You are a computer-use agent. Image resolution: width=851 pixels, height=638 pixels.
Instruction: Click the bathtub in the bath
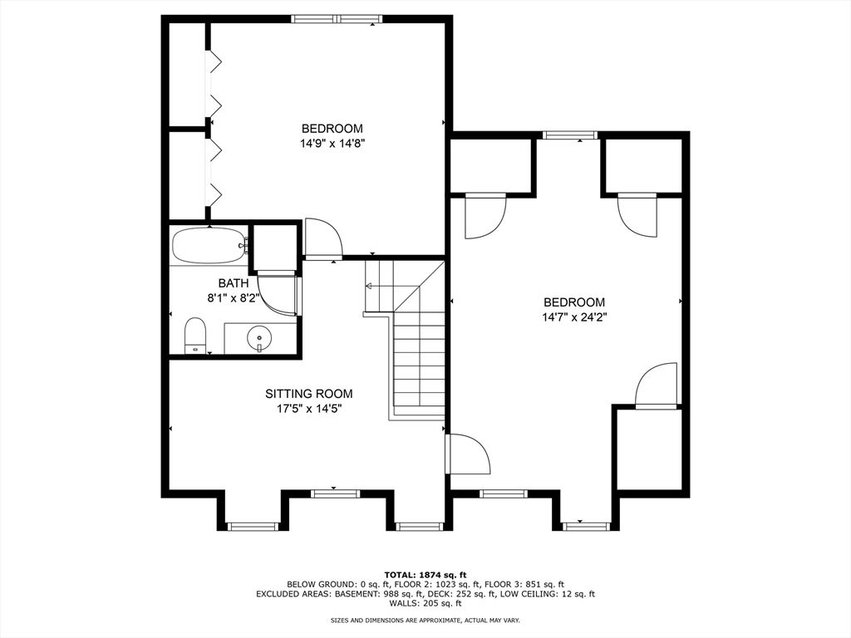pyautogui.click(x=209, y=246)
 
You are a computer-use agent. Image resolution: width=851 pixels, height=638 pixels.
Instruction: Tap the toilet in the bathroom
pyautogui.click(x=195, y=336)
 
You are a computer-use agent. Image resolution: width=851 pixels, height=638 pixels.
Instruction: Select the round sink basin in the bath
pyautogui.click(x=260, y=338)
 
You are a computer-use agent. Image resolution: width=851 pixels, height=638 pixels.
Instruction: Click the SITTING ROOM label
pyautogui.click(x=309, y=394)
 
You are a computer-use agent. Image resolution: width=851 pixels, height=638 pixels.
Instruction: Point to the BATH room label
pyautogui.click(x=234, y=282)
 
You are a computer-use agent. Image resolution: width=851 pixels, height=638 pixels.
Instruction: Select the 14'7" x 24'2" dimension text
pyautogui.click(x=574, y=317)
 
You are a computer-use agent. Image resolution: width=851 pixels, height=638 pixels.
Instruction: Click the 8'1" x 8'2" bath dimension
pyautogui.click(x=234, y=297)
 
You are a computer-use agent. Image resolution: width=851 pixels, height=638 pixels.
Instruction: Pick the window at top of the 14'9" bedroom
pyautogui.click(x=337, y=19)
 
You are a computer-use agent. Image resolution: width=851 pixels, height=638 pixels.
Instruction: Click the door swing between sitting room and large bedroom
pyautogui.click(x=468, y=454)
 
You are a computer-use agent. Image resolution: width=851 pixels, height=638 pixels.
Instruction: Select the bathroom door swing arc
pyautogui.click(x=277, y=296)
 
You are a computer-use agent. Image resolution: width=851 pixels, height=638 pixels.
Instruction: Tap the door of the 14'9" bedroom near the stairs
pyautogui.click(x=323, y=238)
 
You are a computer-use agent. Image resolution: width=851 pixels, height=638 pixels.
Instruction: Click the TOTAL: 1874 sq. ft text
pyautogui.click(x=425, y=575)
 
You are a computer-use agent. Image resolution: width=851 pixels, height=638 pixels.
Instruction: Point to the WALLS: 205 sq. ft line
pyautogui.click(x=425, y=603)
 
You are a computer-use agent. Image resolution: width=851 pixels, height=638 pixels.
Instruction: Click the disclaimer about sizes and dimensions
pyautogui.click(x=425, y=620)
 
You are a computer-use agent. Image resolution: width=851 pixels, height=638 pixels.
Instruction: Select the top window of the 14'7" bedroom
pyautogui.click(x=570, y=135)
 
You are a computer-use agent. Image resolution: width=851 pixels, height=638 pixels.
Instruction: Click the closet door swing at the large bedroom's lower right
pyautogui.click(x=657, y=385)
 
